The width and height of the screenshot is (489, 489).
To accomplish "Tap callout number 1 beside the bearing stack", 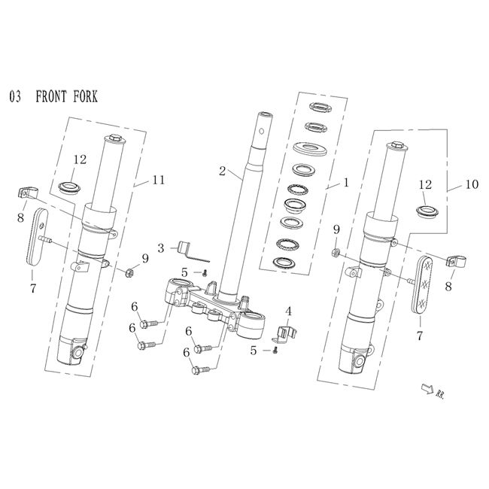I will point(346,181).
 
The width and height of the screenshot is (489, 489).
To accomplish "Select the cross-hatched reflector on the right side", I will point(424,279).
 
